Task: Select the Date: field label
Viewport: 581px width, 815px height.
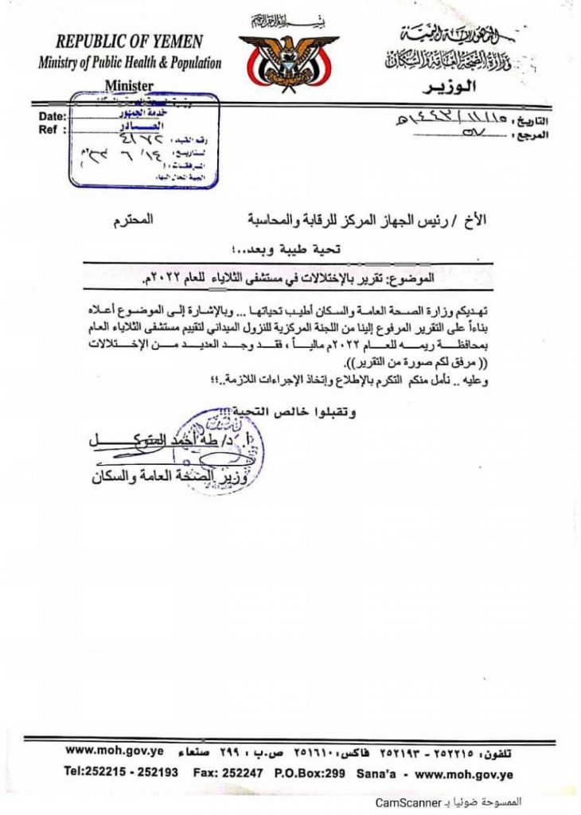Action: coord(53,118)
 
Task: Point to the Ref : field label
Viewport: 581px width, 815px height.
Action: coord(49,130)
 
